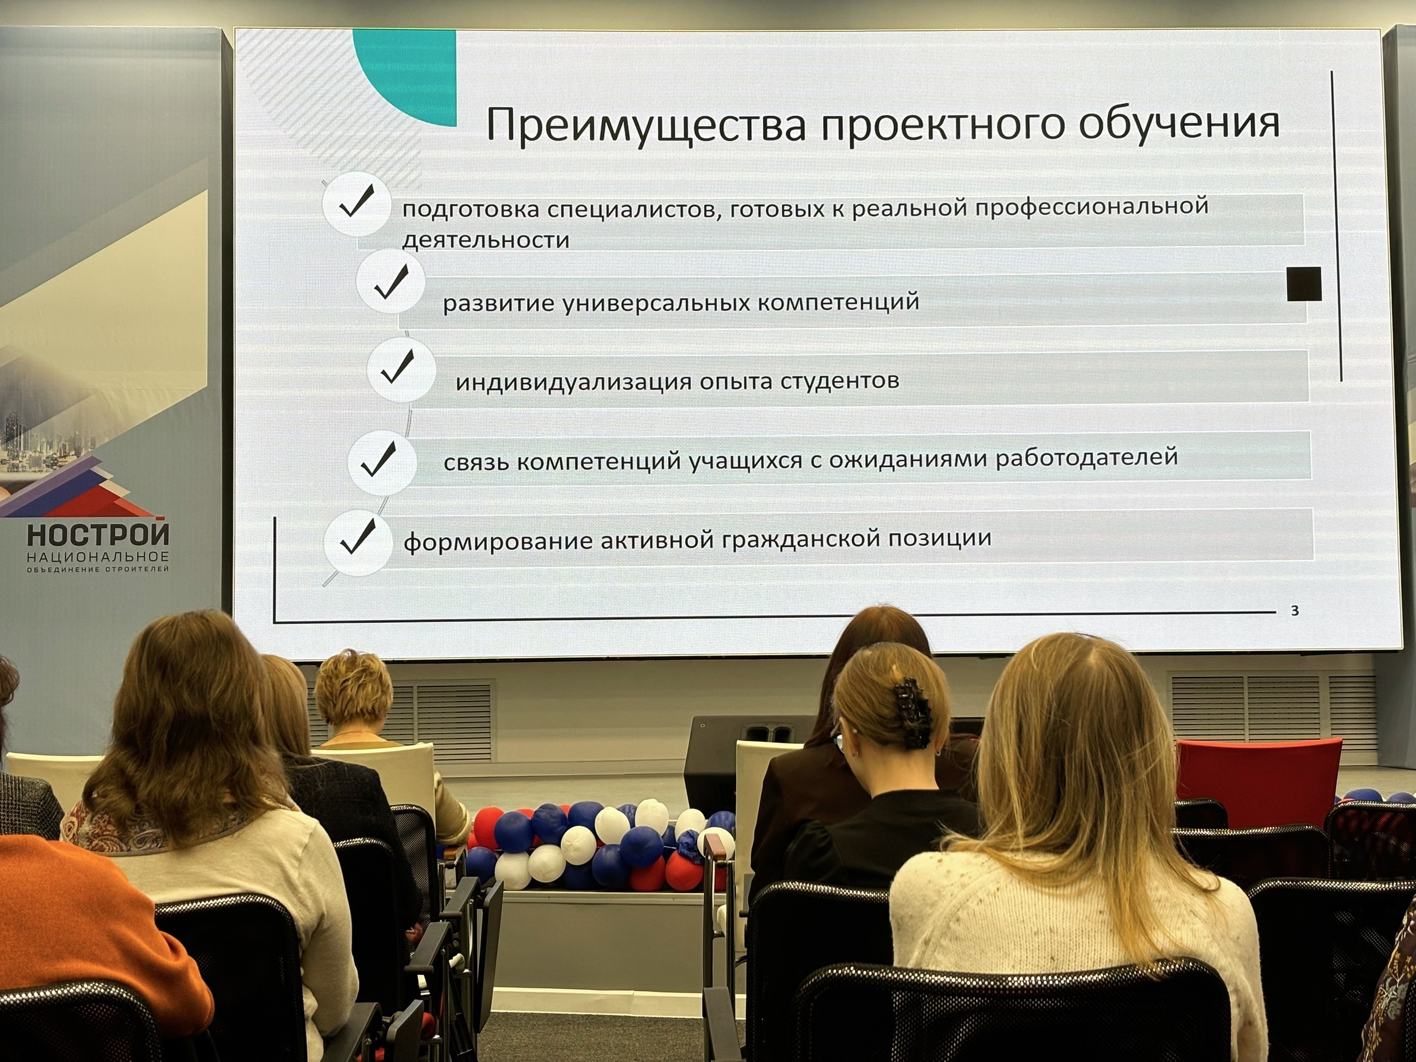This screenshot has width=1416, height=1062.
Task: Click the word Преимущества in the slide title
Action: (x=646, y=125)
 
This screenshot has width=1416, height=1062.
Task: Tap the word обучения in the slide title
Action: (x=1179, y=122)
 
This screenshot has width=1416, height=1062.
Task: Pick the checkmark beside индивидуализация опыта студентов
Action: (x=398, y=367)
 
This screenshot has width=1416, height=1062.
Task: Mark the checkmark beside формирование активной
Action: (x=358, y=537)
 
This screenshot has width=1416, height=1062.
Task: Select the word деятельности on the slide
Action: (x=486, y=240)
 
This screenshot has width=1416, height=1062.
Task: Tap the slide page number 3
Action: (x=1295, y=611)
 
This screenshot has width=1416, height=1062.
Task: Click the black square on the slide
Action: (x=1304, y=284)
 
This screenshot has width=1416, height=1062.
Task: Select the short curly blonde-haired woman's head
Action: (x=353, y=689)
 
